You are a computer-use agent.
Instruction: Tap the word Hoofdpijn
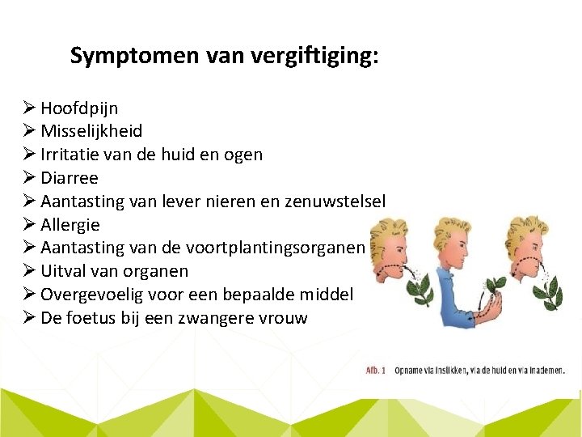(x=79, y=108)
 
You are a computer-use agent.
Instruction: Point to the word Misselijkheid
(x=91, y=131)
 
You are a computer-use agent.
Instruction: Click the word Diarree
(x=70, y=177)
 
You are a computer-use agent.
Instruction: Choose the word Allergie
(x=70, y=224)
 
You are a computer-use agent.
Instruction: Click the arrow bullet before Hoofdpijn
(x=30, y=108)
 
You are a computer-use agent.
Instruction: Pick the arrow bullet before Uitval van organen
(x=30, y=271)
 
